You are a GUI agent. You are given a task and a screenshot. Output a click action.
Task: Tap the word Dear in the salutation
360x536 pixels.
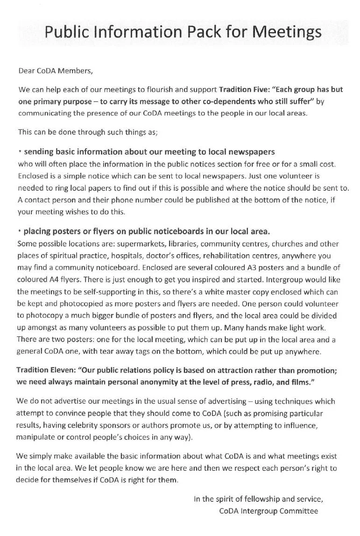(x=27, y=71)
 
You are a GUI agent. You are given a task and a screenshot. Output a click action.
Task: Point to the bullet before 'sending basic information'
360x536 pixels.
(x=20, y=152)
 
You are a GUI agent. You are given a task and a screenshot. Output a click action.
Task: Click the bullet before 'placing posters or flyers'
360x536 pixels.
(x=20, y=231)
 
